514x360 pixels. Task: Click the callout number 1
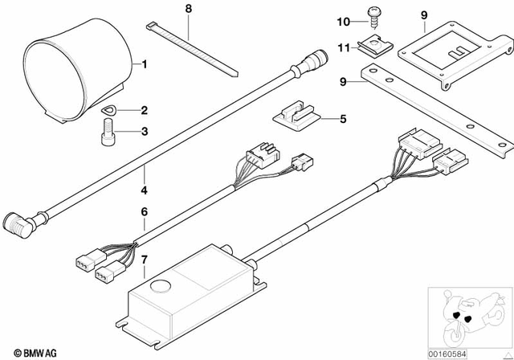(145, 63)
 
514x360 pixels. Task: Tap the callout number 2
(145, 110)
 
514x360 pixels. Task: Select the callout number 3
(145, 132)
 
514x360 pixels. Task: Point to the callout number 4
(145, 190)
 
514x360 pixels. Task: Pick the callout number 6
(145, 212)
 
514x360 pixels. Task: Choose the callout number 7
(145, 259)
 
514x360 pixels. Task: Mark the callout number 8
(189, 9)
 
